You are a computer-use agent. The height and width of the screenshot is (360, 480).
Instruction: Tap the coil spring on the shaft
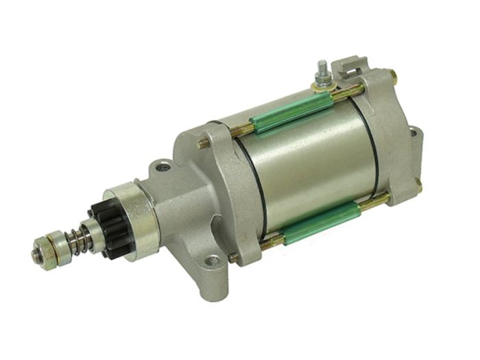[81, 240]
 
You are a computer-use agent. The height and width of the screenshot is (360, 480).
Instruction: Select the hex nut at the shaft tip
[39, 254]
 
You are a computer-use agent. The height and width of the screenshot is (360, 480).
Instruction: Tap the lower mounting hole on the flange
[212, 261]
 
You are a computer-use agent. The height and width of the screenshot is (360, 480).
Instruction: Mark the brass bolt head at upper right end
[392, 73]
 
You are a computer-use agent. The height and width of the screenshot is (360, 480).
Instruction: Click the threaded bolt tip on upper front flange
[203, 143]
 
